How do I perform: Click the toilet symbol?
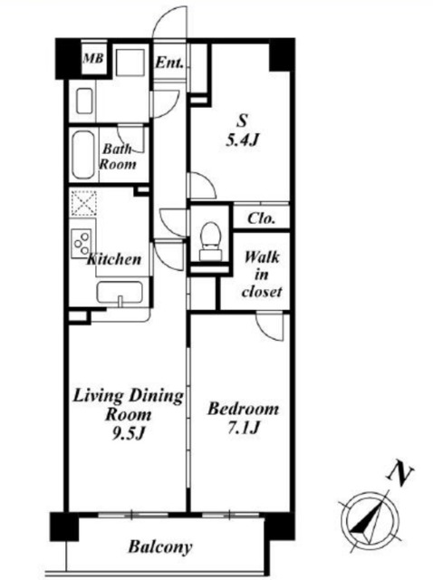coord(210,241)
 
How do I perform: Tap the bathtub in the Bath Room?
coord(82,155)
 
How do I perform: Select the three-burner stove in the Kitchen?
coord(82,243)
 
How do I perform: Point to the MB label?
coord(93,58)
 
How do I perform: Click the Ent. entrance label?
coord(169,63)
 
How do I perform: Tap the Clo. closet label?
coord(262,218)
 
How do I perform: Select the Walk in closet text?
coord(262,274)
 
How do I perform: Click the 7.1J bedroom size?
coord(243,429)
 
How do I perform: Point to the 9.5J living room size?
coord(128,433)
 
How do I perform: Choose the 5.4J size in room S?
coord(242,140)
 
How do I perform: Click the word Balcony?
coord(160,546)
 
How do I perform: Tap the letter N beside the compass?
coord(400,471)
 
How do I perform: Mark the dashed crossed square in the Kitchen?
coord(84,203)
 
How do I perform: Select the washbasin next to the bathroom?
coord(84,101)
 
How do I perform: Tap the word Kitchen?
coord(114,259)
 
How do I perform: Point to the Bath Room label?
coord(118,157)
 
